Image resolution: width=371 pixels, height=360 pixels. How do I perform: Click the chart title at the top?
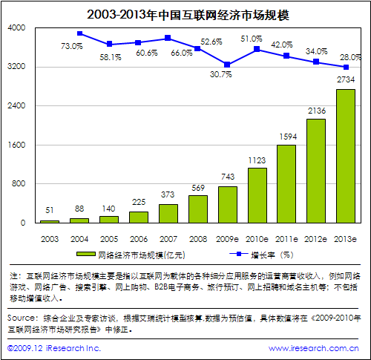tap(185, 13)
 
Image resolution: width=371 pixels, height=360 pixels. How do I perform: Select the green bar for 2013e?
tap(346, 156)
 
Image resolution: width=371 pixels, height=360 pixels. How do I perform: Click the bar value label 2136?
tap(316, 111)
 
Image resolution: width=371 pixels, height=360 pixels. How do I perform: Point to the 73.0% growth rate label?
tap(71, 46)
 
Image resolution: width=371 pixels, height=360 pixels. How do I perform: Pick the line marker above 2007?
tap(168, 38)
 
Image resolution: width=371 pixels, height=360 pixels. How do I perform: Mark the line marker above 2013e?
tap(346, 67)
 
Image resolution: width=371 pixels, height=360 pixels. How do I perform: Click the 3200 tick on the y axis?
tap(16, 67)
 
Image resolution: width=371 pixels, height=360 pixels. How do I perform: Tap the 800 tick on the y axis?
tap(19, 183)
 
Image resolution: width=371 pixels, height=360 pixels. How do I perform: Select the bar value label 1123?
tap(257, 160)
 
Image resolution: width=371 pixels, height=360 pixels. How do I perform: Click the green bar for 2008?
tap(198, 209)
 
